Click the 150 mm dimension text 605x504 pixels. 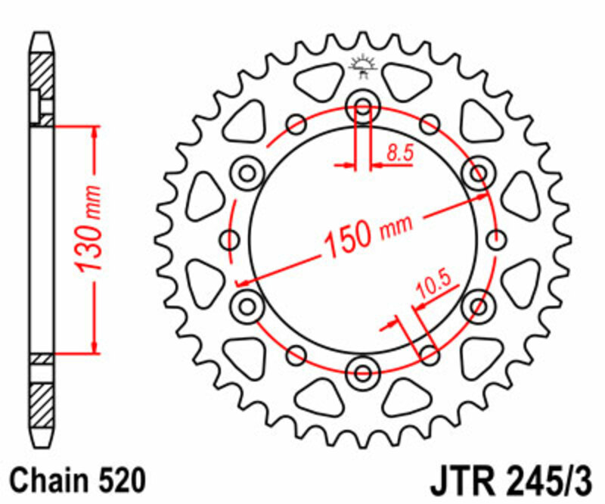368,232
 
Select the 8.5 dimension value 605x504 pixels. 399,153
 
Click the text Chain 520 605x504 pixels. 75,481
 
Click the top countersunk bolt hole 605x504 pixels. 362,107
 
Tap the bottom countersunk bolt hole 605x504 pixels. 362,372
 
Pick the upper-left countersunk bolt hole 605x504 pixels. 247,174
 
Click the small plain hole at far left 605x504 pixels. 229,240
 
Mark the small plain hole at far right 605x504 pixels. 496,240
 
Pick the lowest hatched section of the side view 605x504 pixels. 42,402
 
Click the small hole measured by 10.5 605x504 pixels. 429,353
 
